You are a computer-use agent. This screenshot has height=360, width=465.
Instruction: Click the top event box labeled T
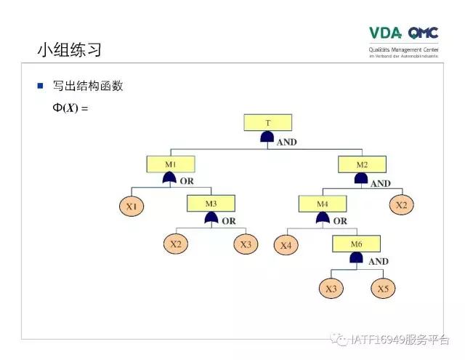[x=268, y=123]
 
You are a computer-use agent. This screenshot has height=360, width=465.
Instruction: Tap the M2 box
[x=363, y=165]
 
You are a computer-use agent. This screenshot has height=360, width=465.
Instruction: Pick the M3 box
[x=211, y=204]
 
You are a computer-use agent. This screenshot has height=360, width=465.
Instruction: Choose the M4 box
[x=322, y=204]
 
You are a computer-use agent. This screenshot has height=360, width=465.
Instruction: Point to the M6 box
[x=356, y=244]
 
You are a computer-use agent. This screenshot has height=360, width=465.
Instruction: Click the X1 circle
[x=132, y=207]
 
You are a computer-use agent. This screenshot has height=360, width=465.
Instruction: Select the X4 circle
[x=286, y=246]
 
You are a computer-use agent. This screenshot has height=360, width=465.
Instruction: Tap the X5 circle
[x=383, y=289]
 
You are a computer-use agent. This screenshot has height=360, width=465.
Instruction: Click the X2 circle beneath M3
[x=176, y=244]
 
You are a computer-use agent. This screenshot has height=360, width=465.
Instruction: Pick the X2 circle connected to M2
[x=401, y=205]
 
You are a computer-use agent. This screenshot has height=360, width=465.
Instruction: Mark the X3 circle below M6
[x=331, y=289]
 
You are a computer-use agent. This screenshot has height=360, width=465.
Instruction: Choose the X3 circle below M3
[x=246, y=244]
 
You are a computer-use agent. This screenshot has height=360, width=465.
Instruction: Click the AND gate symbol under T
[x=268, y=138]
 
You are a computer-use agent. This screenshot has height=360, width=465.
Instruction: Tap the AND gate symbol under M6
[x=356, y=260]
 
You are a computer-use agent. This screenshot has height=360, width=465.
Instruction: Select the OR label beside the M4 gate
[x=340, y=221]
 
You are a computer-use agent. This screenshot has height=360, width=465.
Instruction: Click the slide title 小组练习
[x=69, y=50]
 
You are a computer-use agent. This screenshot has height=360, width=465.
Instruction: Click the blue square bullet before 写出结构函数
[x=41, y=86]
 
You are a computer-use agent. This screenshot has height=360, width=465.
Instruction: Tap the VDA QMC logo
[x=403, y=34]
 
